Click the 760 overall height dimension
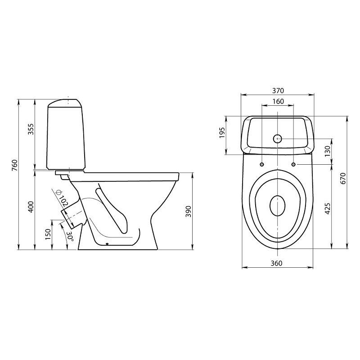pyautogui.click(x=14, y=165)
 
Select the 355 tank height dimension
pyautogui.click(x=31, y=129)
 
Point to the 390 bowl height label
pyautogui.click(x=188, y=211)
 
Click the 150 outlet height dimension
pyautogui.click(x=48, y=234)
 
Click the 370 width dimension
pyautogui.click(x=278, y=91)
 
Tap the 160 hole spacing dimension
pyautogui.click(x=278, y=101)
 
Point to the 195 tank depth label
pyautogui.click(x=222, y=132)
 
